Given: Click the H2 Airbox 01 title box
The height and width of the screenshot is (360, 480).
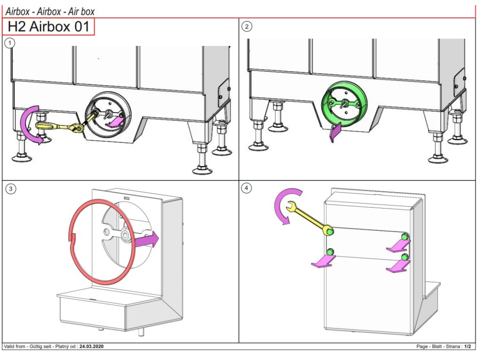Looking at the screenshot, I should coord(49,27).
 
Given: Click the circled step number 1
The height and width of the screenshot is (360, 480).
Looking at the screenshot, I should coord(9,43).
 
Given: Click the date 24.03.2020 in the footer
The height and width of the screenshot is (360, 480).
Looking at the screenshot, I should coord(91,346).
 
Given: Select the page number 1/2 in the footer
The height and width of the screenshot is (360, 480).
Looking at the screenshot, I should coord(467,346).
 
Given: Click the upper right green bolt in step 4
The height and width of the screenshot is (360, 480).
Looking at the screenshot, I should coord(404,235).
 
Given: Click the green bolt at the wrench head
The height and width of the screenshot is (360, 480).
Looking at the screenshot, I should coord(330,231).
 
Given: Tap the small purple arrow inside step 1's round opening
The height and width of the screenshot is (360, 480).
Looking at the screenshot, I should coord(115,123).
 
